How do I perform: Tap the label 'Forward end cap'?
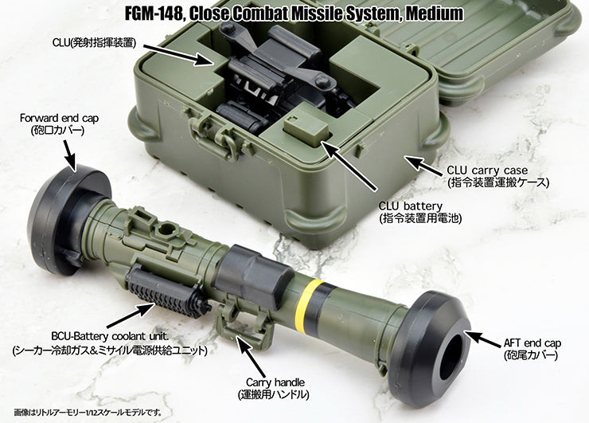[x=60, y=118]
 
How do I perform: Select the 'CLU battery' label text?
[x=411, y=206]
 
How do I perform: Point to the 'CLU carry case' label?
[x=487, y=170]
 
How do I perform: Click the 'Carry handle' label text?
[x=275, y=382]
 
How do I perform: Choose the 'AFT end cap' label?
[x=532, y=343]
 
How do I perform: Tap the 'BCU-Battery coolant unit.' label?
[x=110, y=335]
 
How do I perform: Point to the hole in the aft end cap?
[x=454, y=356]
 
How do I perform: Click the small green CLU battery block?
[x=307, y=128]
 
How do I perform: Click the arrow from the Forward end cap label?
[x=70, y=155]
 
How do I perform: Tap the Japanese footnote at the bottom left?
[x=88, y=413]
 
